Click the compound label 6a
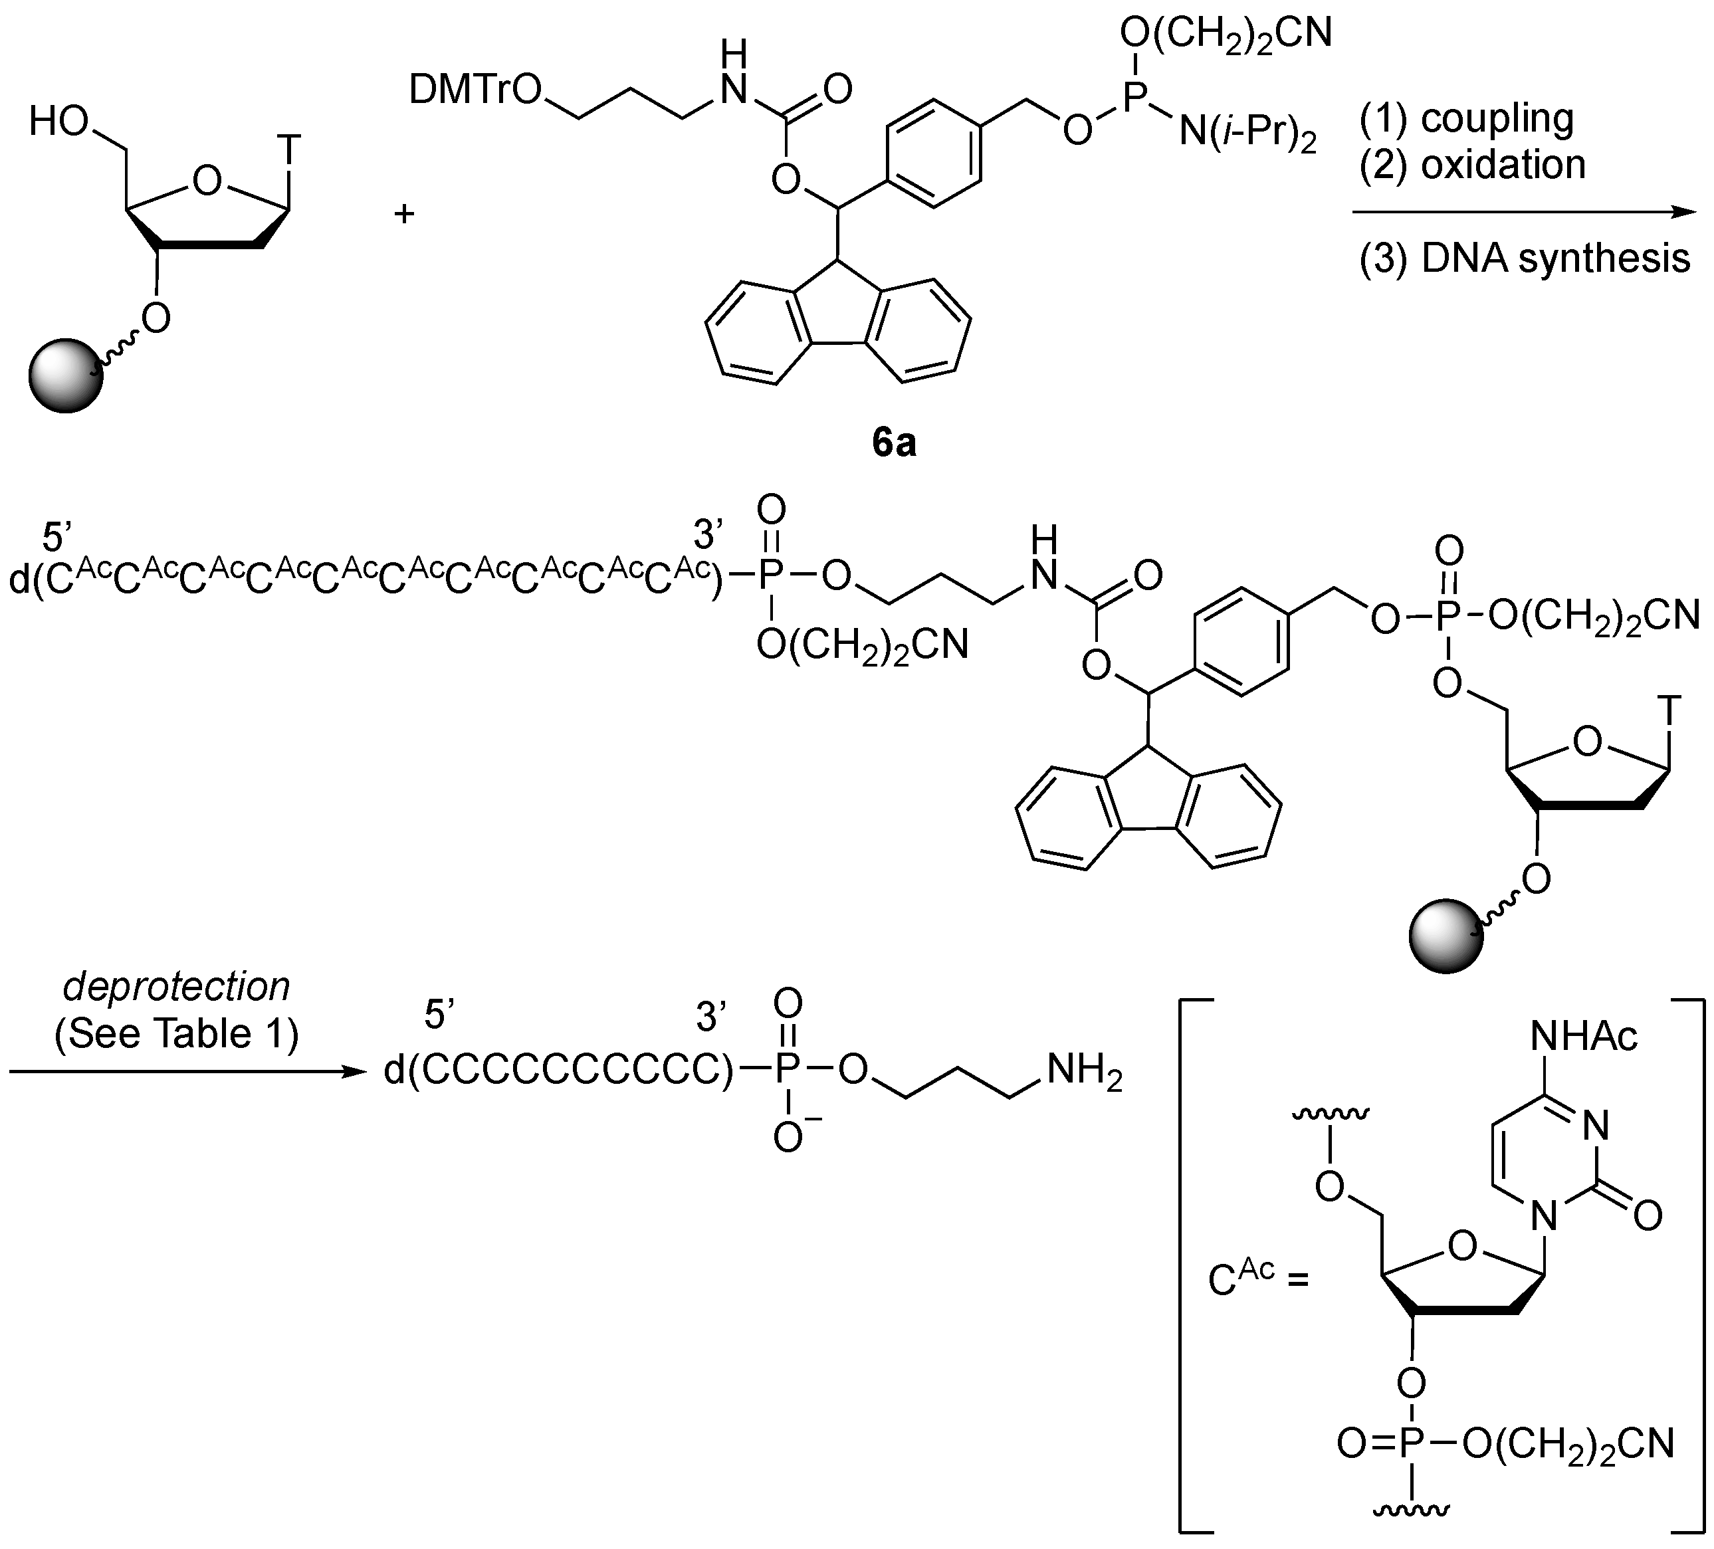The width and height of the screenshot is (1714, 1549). [x=894, y=444]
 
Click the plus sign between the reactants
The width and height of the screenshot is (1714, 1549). [x=404, y=213]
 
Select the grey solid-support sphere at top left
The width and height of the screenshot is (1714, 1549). [x=66, y=375]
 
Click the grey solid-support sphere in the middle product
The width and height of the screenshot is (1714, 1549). [x=1446, y=937]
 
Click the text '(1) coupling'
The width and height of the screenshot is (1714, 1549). [x=1467, y=118]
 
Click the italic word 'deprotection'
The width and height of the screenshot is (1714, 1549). [x=177, y=987]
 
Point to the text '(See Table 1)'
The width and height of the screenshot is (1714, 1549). [x=177, y=1034]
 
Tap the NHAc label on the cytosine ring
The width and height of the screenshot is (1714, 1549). [x=1583, y=1037]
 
